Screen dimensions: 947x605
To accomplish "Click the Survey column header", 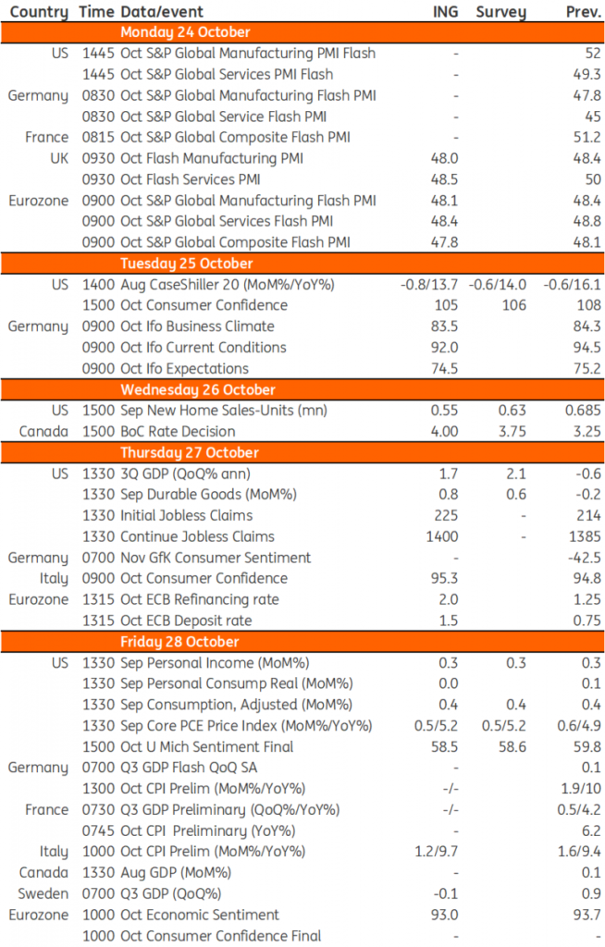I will pos(500,12).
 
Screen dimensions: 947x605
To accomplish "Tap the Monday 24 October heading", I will pos(185,32).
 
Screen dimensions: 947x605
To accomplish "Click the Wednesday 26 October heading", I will pos(198,389).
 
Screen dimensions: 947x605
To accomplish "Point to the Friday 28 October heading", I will pos(179,642).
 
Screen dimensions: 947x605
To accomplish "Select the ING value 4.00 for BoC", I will pos(444,431).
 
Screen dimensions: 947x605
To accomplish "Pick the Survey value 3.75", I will pos(509,431).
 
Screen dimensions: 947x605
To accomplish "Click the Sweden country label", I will pos(44,893).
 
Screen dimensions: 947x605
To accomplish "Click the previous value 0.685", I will pos(579,410).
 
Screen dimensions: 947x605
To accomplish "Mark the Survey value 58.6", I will pos(507,746).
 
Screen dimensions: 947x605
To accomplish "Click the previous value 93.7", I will pos(585,915).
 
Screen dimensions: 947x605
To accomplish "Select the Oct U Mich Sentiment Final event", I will pos(206,746).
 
